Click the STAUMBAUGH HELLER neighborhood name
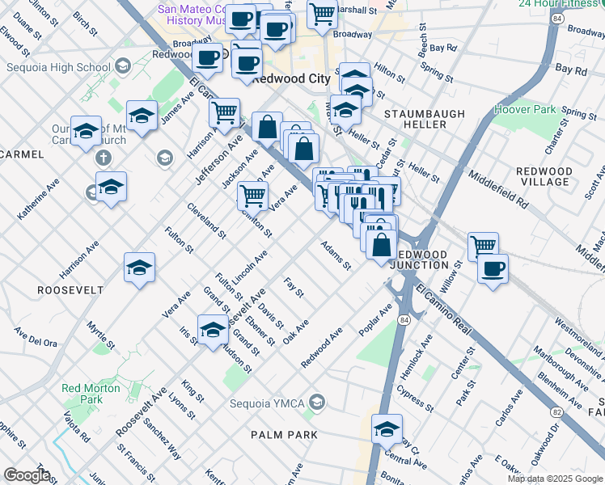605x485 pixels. click(415, 119)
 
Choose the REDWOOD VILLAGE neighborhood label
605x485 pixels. click(543, 176)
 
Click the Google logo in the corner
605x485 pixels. click(27, 475)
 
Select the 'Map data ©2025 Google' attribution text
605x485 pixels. click(555, 479)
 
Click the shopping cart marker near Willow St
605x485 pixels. click(483, 245)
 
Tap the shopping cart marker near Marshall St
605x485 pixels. click(323, 14)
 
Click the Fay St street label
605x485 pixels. click(294, 287)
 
